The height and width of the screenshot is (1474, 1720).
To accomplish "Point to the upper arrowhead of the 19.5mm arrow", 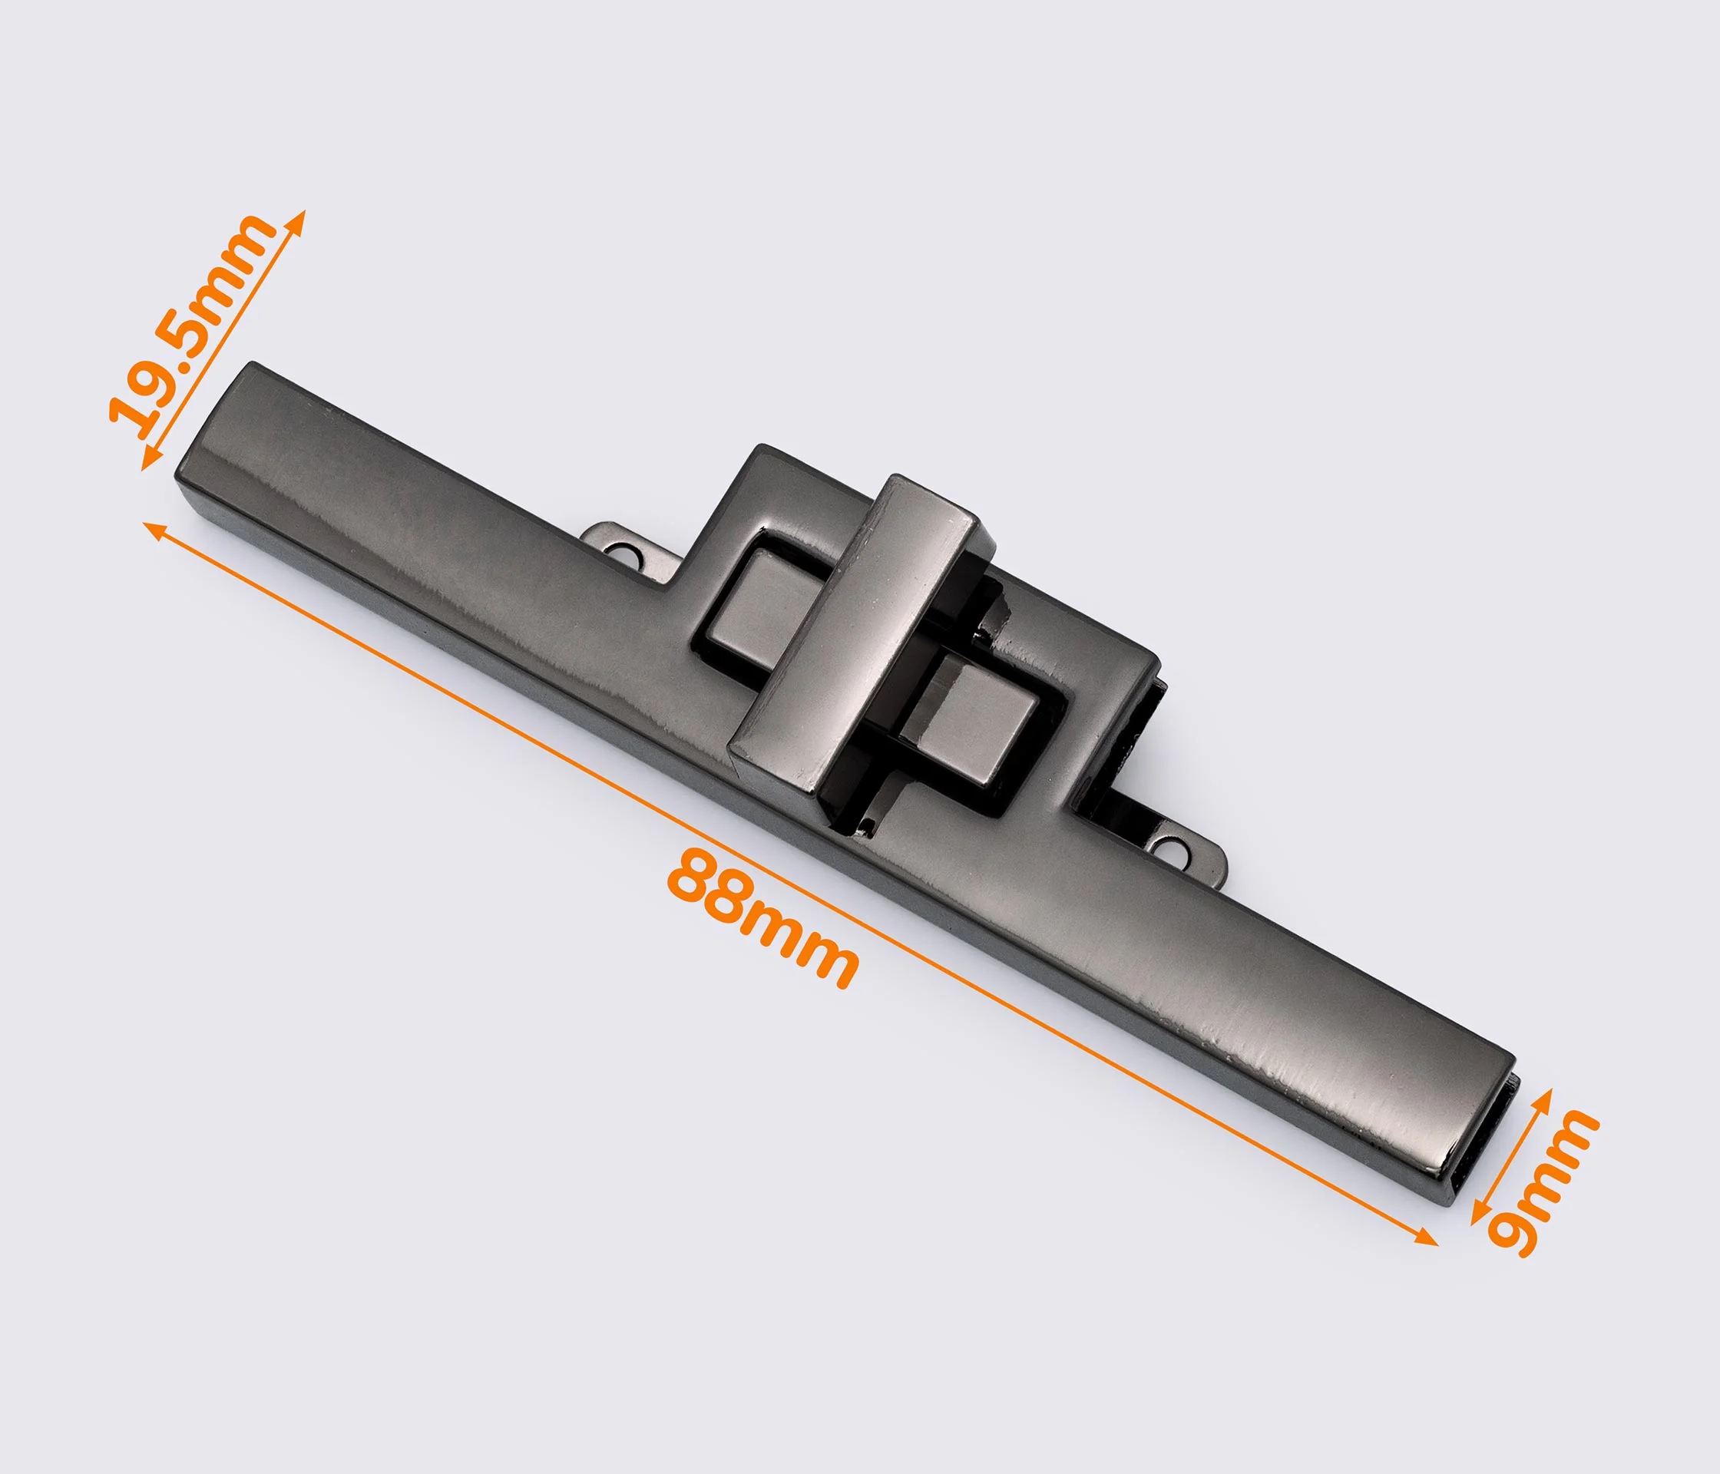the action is click(297, 219).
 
